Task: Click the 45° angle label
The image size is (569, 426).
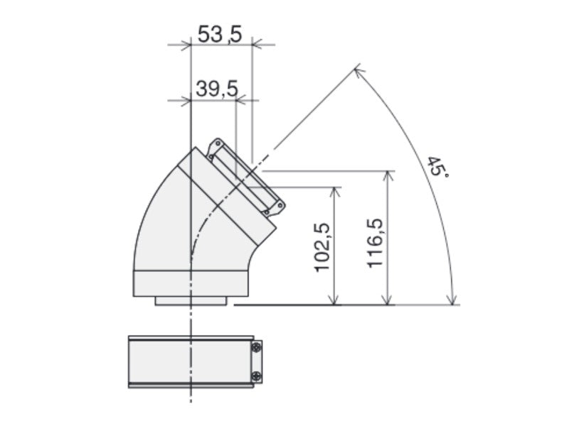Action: coord(437,168)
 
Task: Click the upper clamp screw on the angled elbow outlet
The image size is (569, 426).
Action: coord(212,149)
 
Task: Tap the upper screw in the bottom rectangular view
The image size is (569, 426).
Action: coord(255,348)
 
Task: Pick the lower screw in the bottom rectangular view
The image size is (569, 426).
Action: coord(255,376)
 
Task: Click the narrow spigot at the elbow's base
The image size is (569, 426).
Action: coord(191,301)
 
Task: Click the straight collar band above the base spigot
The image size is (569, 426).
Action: coord(190,283)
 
